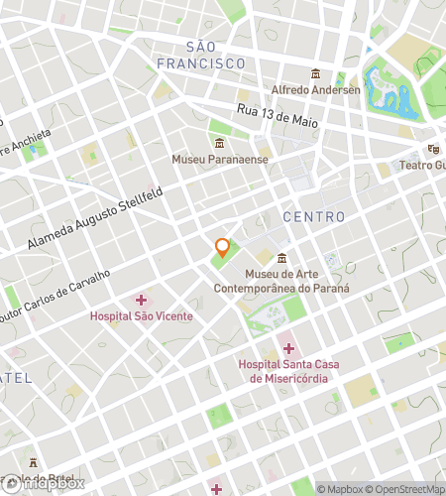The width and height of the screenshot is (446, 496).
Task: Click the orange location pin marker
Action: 223,248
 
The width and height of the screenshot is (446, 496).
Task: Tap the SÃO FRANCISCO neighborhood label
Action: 200,56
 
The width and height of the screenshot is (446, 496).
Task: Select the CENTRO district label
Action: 314,216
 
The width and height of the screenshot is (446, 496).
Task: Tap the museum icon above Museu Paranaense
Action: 219,143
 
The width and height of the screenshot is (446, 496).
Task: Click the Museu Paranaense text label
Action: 219,159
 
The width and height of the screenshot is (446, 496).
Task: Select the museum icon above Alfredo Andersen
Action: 315,73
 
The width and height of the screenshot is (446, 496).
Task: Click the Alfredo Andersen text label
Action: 315,89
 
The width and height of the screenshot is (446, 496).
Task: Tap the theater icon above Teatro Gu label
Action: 432,149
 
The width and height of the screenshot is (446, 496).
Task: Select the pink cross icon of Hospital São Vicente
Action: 141,299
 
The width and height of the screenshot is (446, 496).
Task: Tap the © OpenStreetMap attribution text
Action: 409,488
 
